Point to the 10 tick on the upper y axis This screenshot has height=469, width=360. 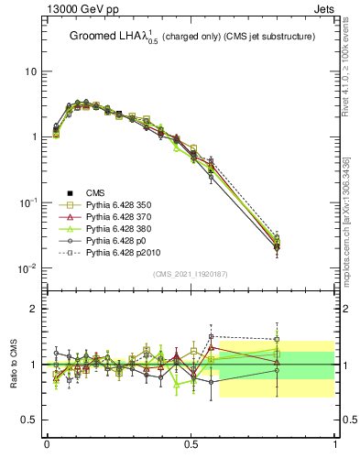pyautogui.click(x=30, y=71)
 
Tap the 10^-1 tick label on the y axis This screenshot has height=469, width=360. pyautogui.click(x=27, y=202)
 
